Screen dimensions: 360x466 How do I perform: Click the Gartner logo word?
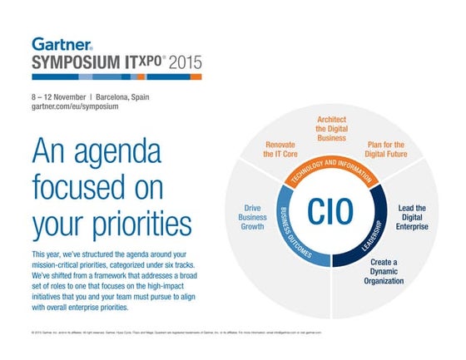(61, 43)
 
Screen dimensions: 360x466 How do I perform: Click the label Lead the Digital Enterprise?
(411, 219)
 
